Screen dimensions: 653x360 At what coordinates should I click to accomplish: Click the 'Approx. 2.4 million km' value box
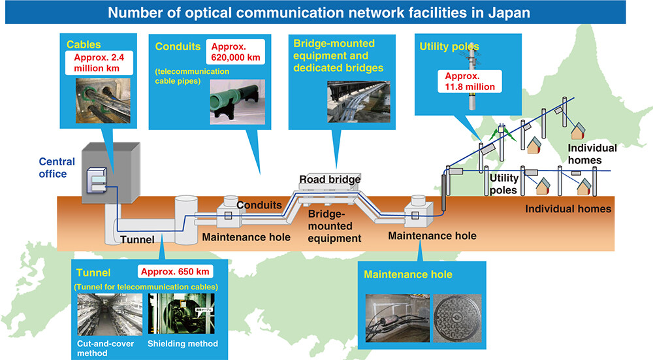[99, 63]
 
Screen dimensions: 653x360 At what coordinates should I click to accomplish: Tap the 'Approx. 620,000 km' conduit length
[235, 52]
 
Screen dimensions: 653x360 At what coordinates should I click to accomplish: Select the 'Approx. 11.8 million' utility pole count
[470, 81]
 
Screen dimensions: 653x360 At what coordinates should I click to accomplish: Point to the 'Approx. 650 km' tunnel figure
[175, 272]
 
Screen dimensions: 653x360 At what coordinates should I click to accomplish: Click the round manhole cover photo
[457, 318]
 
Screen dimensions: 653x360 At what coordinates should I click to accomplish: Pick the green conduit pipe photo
[238, 102]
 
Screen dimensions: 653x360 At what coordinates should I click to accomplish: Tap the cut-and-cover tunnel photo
[110, 314]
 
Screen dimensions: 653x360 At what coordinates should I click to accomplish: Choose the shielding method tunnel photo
[182, 314]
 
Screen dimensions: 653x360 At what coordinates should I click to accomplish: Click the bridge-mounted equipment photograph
[359, 102]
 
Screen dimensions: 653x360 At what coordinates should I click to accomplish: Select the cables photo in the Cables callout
[103, 101]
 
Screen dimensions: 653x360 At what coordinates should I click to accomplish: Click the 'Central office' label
[57, 167]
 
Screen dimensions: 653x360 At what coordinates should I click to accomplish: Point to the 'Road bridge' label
[330, 179]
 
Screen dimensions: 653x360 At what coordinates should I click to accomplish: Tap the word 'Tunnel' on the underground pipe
[137, 240]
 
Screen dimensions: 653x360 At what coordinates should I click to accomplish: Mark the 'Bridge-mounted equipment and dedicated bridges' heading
[338, 56]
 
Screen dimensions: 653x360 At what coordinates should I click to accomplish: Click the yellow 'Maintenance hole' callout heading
[408, 274]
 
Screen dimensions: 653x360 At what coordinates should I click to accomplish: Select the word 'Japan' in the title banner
[509, 12]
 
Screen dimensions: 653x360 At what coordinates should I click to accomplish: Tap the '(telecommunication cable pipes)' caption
[192, 76]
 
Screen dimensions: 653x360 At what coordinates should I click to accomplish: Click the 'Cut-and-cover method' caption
[105, 348]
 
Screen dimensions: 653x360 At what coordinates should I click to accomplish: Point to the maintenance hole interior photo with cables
[397, 318]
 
